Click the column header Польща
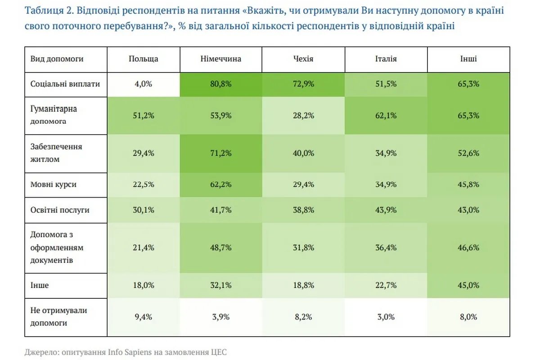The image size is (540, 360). pyautogui.click(x=143, y=59)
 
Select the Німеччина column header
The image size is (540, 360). pyautogui.click(x=220, y=59)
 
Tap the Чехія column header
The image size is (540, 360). pyautogui.click(x=303, y=59)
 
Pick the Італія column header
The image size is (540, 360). pyautogui.click(x=386, y=59)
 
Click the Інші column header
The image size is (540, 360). pyautogui.click(x=468, y=59)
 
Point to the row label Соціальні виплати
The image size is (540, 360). pyautogui.click(x=65, y=84)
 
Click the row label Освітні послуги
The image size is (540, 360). pyautogui.click(x=60, y=210)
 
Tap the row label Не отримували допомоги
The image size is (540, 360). pyautogui.click(x=58, y=316)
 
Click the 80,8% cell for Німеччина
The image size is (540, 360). pyautogui.click(x=220, y=84)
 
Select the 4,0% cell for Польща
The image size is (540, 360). pyautogui.click(x=143, y=84)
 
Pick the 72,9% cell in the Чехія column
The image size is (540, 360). pyautogui.click(x=303, y=84)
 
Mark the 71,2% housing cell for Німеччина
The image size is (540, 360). pyautogui.click(x=220, y=153)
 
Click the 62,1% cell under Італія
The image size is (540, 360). pyautogui.click(x=386, y=116)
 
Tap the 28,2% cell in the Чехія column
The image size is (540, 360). pyautogui.click(x=303, y=116)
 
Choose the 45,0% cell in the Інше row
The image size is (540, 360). pyautogui.click(x=468, y=285)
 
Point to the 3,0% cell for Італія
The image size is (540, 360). pyautogui.click(x=386, y=316)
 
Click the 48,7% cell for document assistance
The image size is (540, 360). pyautogui.click(x=220, y=247)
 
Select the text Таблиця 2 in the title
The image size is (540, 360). pyautogui.click(x=45, y=11)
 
